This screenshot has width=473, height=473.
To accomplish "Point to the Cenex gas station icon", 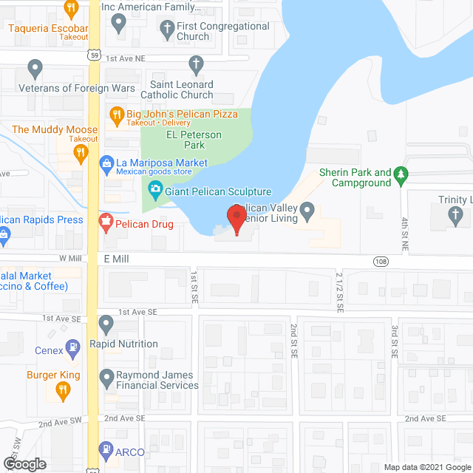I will [72, 346].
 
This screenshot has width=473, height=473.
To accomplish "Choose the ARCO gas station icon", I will [106, 450].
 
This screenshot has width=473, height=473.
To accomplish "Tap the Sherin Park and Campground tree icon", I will [402, 174].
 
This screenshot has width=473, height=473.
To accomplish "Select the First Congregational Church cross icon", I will [166, 30].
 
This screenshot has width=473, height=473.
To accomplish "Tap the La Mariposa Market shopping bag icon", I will [106, 163].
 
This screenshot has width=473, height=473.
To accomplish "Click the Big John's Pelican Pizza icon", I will [116, 114].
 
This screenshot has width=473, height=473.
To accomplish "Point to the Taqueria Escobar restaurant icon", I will [72, 9].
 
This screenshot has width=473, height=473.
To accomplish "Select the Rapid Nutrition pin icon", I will [106, 323].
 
